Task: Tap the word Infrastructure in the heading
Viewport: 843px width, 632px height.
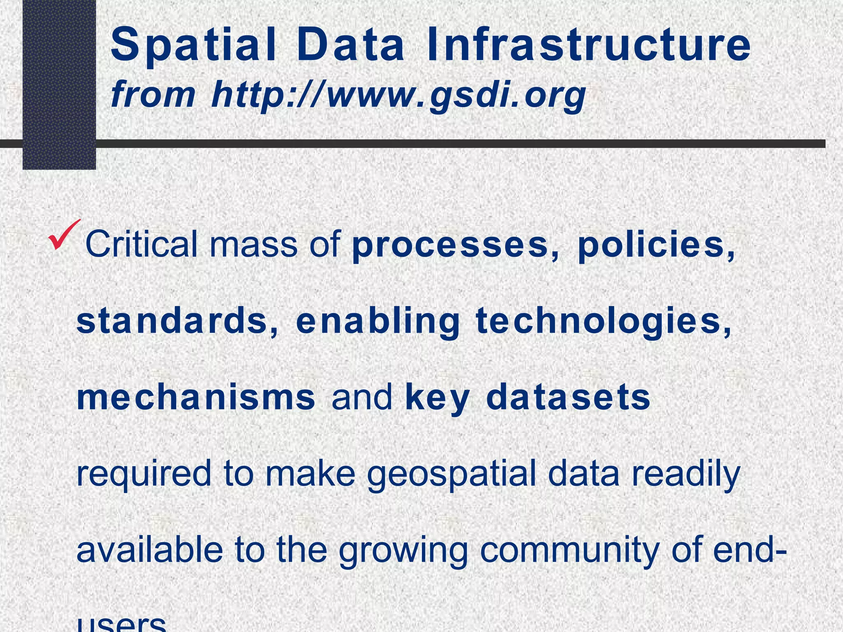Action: [x=589, y=45]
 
